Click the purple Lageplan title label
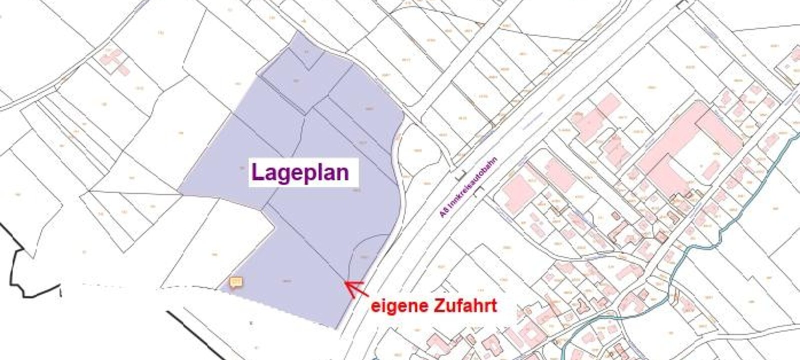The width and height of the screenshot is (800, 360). pyautogui.click(x=300, y=172)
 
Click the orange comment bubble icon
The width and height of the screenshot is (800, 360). pyautogui.click(x=235, y=282)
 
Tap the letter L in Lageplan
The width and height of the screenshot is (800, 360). pyautogui.click(x=257, y=172)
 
